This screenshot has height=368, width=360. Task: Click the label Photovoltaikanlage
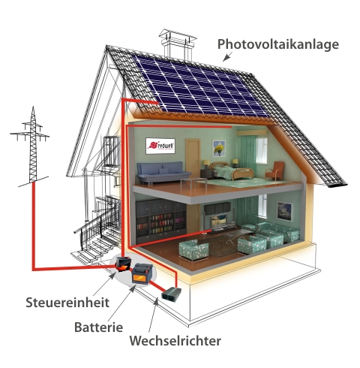point(278,44)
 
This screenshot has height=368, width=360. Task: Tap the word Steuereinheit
point(67,303)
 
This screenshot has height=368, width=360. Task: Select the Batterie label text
point(99,327)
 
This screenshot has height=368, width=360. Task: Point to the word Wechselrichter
point(175,340)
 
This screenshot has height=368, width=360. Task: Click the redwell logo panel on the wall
point(160,146)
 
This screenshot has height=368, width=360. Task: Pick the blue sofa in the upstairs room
point(163,172)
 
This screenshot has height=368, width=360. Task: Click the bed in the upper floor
point(230,170)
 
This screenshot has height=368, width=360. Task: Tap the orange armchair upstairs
point(274,170)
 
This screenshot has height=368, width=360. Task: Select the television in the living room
point(219,221)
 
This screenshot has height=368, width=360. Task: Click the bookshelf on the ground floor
point(161,220)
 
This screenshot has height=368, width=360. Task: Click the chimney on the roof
point(177,44)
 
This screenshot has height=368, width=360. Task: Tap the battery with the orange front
point(142,273)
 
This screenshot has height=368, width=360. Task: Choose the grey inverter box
point(172,294)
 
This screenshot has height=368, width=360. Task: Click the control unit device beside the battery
point(123,264)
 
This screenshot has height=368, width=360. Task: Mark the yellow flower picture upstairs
point(219,148)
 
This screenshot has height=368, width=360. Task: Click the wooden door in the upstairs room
point(193,158)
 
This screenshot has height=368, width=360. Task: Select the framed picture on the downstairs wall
point(284,211)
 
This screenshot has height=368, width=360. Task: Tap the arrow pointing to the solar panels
point(227,57)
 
